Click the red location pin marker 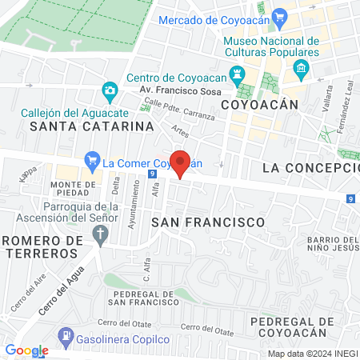click(x=181, y=163)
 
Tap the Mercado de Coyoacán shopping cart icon click(x=279, y=18)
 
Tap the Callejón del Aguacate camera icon click(x=109, y=90)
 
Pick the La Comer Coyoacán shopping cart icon click(x=92, y=162)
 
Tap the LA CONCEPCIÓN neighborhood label click(x=310, y=168)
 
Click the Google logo click(x=26, y=350)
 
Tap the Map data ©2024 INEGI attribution click(x=312, y=354)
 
